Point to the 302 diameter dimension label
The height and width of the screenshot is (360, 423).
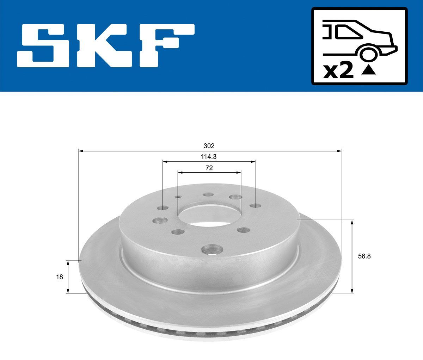click(209, 146)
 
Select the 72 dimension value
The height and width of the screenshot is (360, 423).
click(209, 168)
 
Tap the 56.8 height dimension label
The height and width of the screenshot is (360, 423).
click(364, 256)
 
